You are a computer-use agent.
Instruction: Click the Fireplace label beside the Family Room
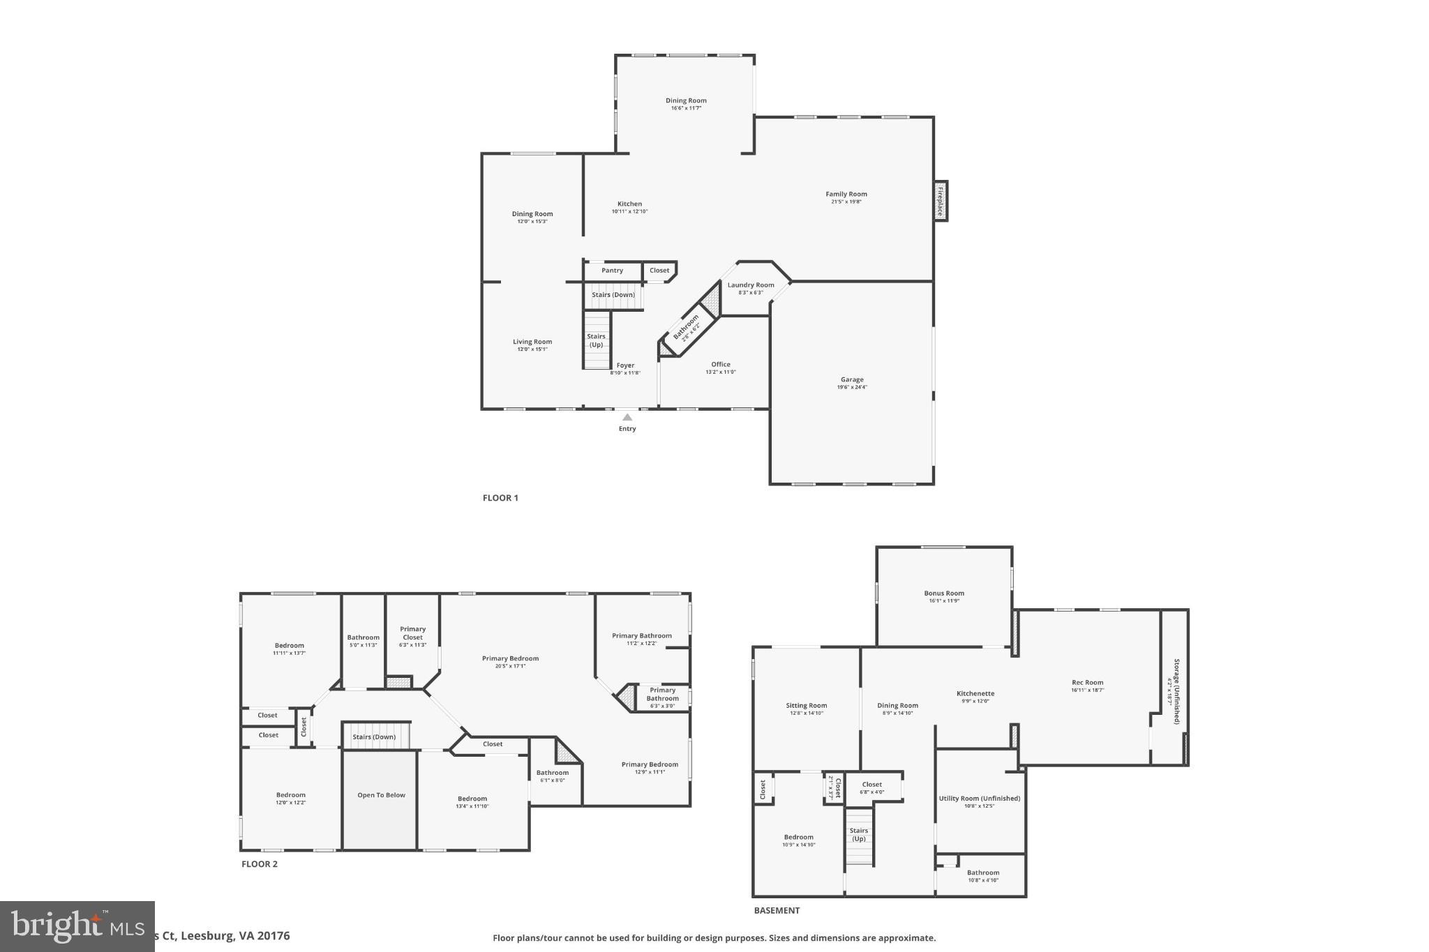tap(941, 201)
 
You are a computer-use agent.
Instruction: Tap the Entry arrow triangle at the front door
tap(627, 417)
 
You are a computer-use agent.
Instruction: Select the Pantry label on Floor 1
tap(612, 271)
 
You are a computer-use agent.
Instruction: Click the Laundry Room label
tap(751, 285)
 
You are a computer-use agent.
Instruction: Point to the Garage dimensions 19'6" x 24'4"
tap(852, 388)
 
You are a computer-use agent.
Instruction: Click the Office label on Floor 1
tap(721, 364)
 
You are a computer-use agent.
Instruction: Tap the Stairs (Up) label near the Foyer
tap(596, 340)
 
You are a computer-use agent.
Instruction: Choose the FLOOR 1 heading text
tap(500, 498)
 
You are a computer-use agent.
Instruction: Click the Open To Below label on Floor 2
tap(381, 795)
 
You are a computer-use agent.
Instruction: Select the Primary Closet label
tap(412, 633)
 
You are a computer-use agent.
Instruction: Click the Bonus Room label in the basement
tap(944, 594)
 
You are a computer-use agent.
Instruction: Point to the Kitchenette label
tap(975, 693)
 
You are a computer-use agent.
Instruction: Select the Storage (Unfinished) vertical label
tap(1176, 691)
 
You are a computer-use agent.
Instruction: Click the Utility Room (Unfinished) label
tap(979, 799)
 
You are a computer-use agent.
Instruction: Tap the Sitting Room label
tap(806, 705)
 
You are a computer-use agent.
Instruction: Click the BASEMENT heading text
tap(777, 911)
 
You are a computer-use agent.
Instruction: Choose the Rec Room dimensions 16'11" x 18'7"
tap(1087, 690)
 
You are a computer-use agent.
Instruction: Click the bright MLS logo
tap(77, 926)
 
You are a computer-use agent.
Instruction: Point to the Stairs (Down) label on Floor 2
tap(374, 737)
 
